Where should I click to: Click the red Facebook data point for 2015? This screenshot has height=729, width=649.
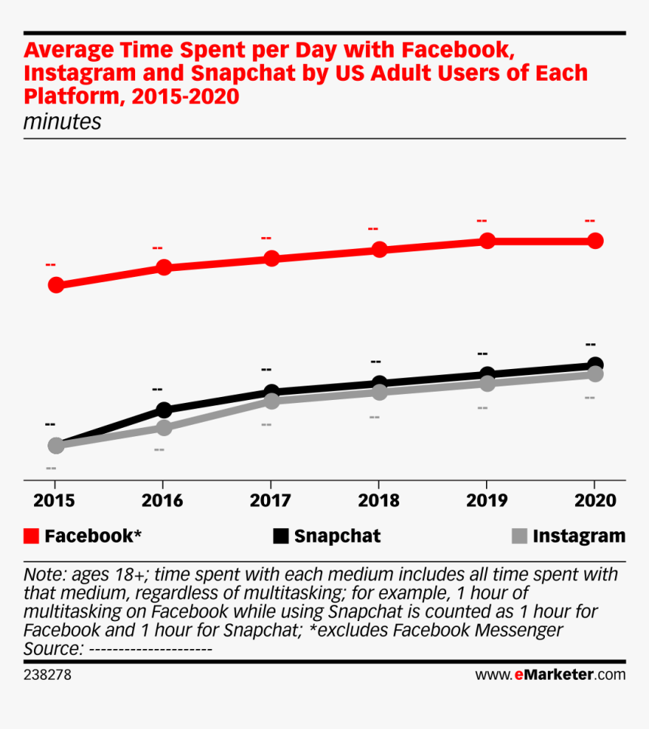click(56, 285)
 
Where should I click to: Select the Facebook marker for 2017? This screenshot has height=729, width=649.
click(271, 258)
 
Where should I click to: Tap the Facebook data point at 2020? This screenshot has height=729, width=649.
click(595, 241)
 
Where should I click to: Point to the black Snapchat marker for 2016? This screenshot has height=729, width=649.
click(164, 410)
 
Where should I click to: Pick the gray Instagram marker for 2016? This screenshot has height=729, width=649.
click(164, 428)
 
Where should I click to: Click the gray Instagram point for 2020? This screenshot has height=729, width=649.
click(595, 374)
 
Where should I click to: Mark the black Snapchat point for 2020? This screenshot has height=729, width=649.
click(595, 364)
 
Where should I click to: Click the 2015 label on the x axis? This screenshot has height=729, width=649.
click(54, 501)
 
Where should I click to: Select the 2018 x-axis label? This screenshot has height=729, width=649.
click(377, 501)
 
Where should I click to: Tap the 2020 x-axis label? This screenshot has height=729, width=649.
click(593, 501)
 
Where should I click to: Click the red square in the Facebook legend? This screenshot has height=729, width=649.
click(32, 537)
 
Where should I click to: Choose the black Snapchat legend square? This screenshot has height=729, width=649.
click(281, 537)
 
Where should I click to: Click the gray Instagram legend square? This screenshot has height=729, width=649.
click(518, 537)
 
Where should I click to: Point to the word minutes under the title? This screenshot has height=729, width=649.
click(62, 121)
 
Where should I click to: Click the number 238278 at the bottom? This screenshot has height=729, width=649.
click(48, 675)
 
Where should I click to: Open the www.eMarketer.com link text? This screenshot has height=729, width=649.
click(549, 675)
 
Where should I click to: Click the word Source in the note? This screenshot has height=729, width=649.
click(52, 648)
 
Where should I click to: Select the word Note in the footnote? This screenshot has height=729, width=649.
click(41, 574)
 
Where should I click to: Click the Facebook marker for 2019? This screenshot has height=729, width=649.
click(487, 241)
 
